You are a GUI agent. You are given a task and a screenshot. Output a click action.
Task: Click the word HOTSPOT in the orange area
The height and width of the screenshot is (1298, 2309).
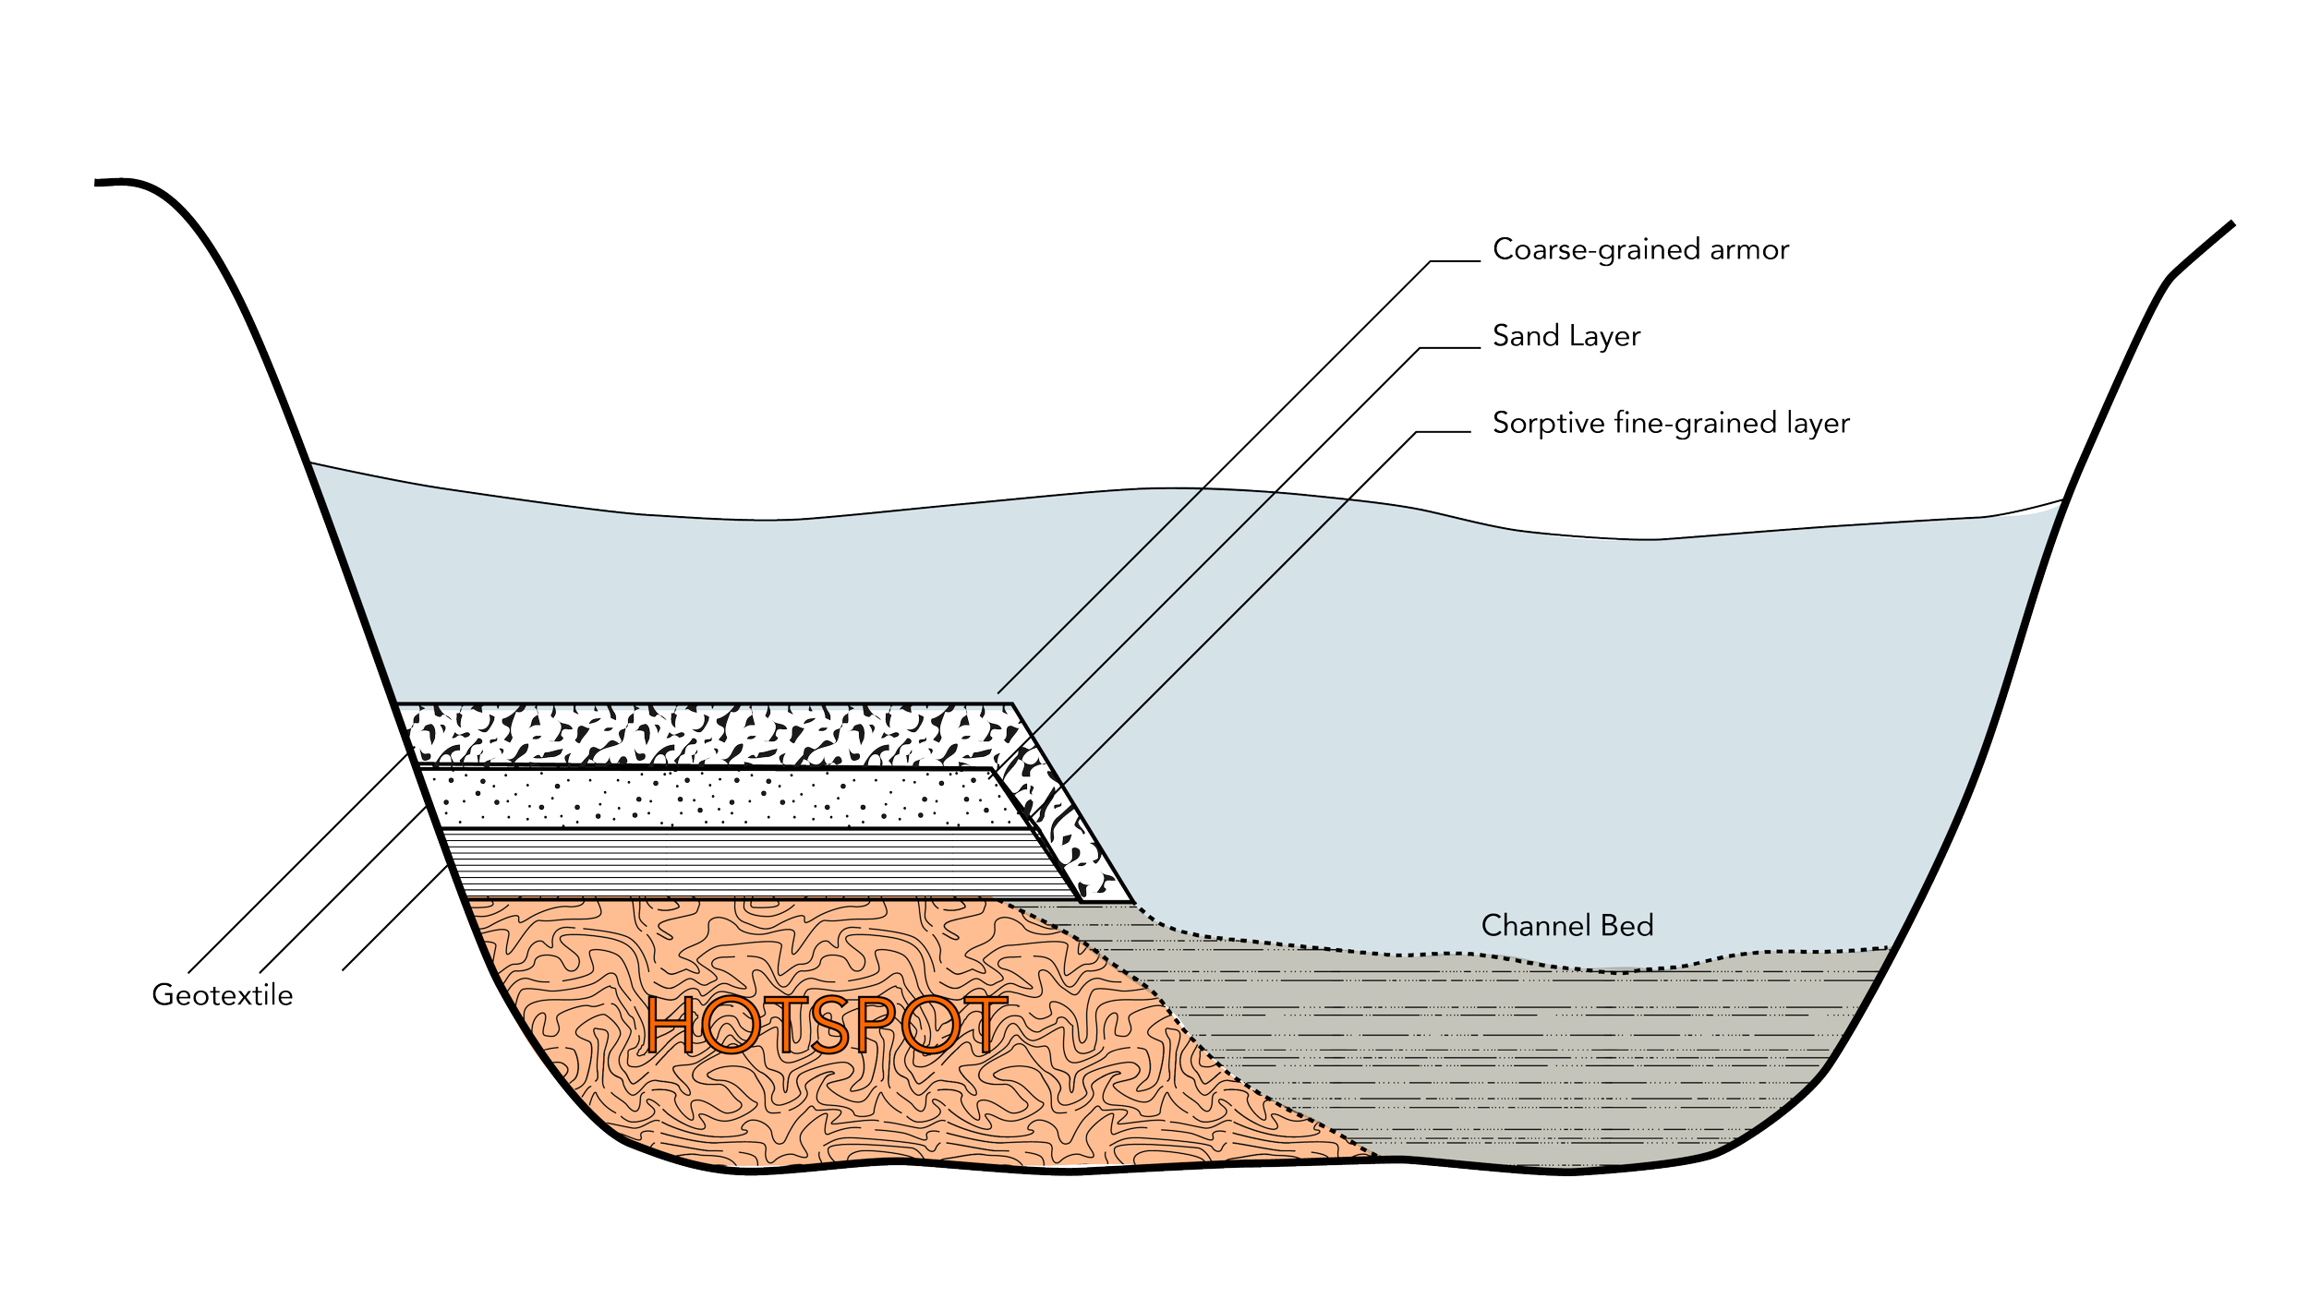(825, 1025)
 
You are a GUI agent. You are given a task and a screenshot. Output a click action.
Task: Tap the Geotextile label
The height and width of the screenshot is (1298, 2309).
(223, 995)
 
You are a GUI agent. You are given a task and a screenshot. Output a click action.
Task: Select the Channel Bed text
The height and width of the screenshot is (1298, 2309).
(1567, 926)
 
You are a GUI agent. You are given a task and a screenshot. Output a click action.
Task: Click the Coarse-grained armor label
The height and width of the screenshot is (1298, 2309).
(1640, 250)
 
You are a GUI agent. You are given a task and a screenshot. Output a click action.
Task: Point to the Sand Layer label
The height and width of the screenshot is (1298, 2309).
(1566, 336)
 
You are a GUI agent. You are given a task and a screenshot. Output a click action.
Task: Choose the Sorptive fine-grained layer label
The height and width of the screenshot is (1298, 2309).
(1671, 423)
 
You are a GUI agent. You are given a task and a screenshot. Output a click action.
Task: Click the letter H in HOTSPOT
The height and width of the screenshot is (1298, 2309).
(671, 1025)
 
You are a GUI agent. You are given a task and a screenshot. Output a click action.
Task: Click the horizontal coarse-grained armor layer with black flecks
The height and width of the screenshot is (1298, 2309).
(702, 735)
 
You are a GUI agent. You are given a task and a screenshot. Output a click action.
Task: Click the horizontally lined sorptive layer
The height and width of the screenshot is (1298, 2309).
(739, 862)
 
